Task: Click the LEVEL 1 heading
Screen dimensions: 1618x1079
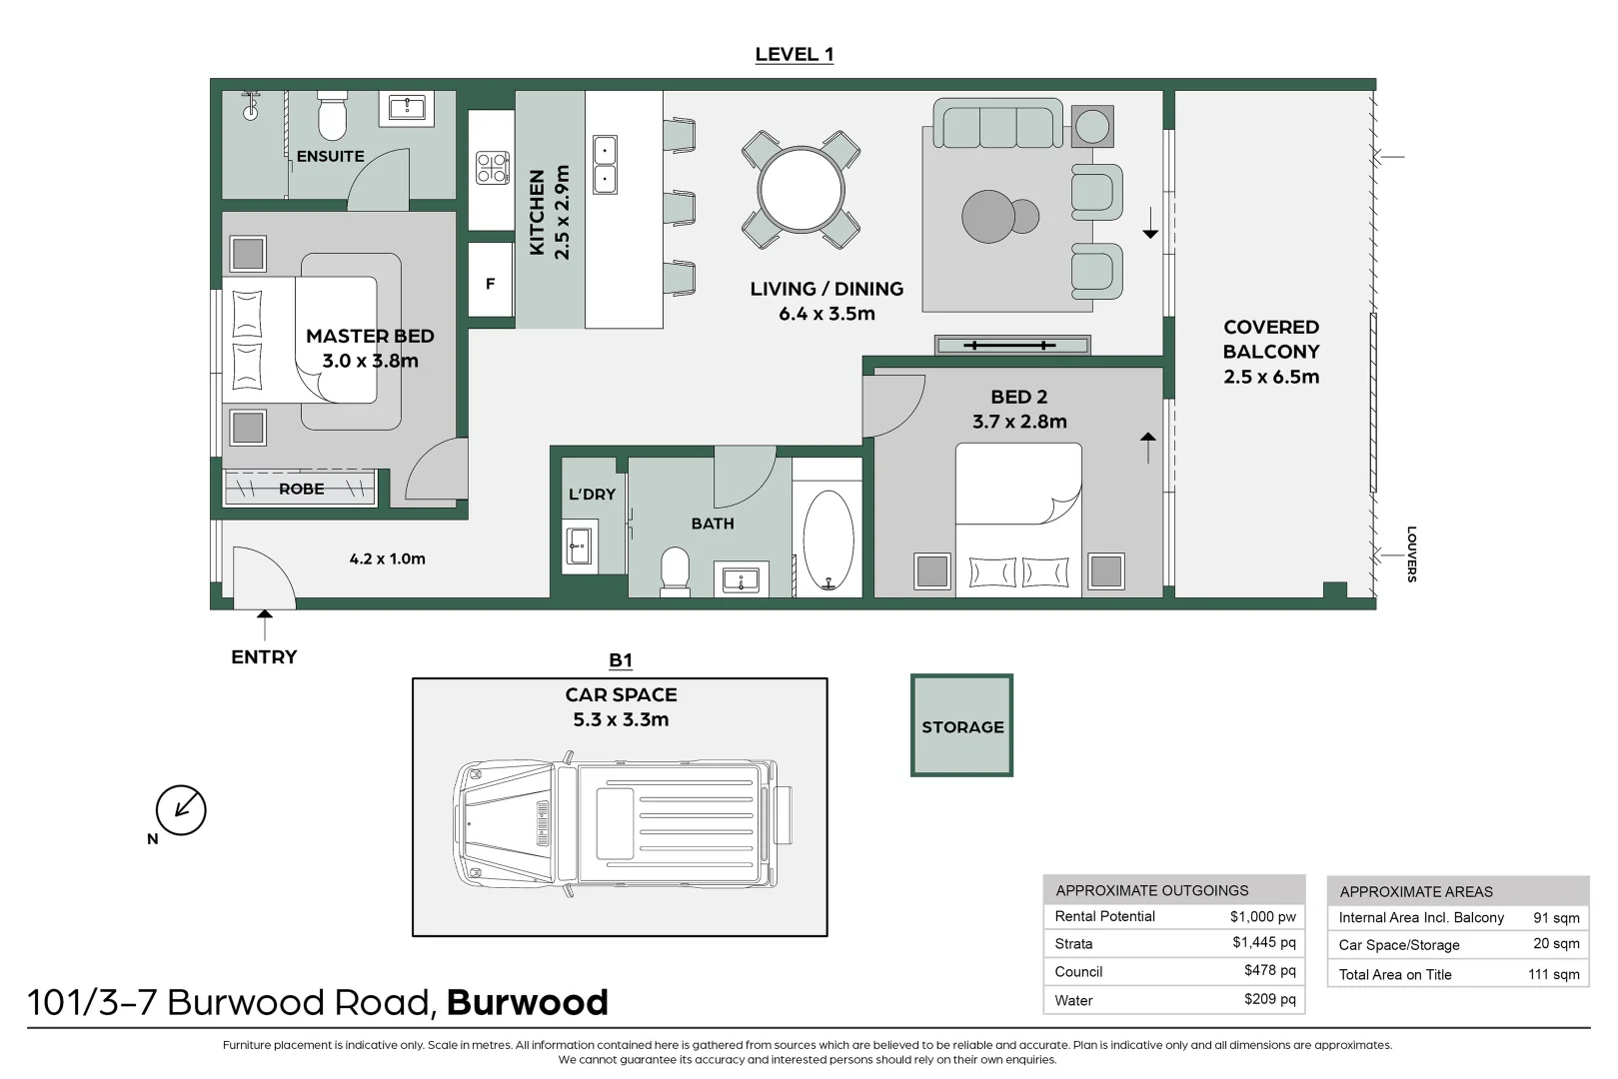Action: tap(794, 54)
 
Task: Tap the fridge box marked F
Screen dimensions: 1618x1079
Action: tap(491, 280)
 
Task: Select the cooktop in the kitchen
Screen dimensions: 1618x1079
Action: tap(492, 168)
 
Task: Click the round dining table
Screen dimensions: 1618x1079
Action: tap(802, 190)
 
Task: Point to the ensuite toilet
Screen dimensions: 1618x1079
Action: tap(332, 116)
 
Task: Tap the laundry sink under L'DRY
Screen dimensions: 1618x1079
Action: tap(580, 546)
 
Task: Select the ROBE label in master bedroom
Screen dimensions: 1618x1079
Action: tap(301, 489)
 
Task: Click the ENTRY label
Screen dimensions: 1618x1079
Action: tap(264, 657)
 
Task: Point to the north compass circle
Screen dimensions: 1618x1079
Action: tap(181, 810)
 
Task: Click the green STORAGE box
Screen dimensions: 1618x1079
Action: tap(961, 725)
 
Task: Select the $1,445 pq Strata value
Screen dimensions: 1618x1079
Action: tap(1264, 942)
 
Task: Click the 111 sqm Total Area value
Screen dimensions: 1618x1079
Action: tap(1554, 974)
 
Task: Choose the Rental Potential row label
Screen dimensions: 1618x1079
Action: tap(1104, 916)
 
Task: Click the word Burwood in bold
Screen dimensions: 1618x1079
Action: tap(528, 1002)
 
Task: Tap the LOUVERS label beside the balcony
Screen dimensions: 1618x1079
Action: tap(1411, 553)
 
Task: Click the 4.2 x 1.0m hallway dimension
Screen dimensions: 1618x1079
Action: tap(387, 558)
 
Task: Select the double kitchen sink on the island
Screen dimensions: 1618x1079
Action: tap(605, 165)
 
